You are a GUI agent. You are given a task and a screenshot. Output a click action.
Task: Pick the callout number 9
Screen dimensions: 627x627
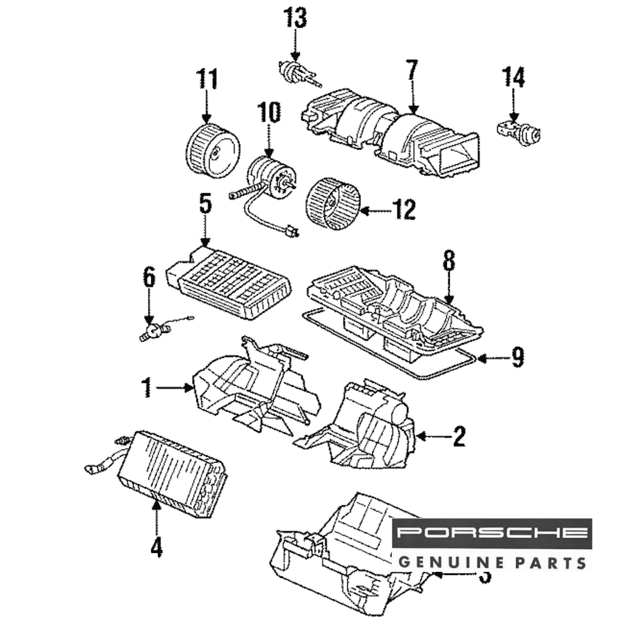517,358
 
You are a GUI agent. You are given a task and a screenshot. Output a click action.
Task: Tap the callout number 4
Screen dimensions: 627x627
156,547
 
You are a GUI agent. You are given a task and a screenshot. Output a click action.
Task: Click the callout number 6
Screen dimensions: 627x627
149,278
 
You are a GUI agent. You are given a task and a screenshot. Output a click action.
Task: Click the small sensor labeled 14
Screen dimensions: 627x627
518,130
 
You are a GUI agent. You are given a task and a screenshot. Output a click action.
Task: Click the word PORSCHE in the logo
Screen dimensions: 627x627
493,534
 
